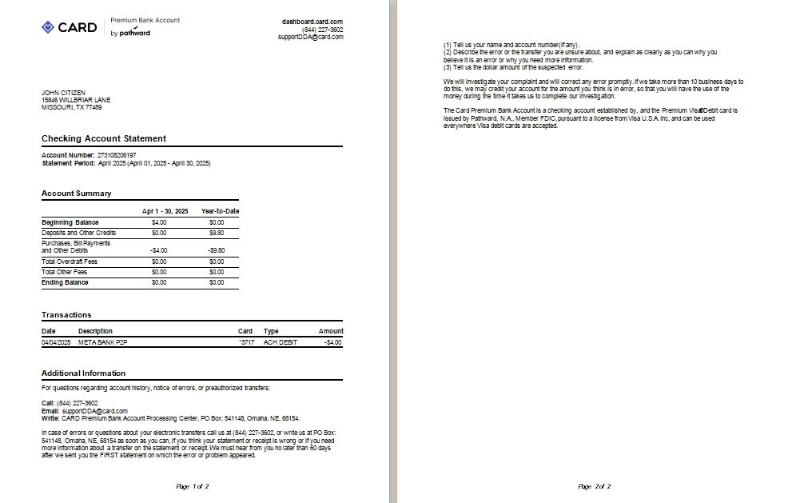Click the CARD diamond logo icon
[x=49, y=27]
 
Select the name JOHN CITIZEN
[x=63, y=93]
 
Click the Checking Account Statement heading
[x=104, y=138]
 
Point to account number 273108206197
[x=117, y=154]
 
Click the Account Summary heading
[x=77, y=194]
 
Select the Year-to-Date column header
[x=220, y=211]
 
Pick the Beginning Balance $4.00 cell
[x=159, y=222]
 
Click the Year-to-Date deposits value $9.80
[x=217, y=233]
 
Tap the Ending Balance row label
[x=66, y=282]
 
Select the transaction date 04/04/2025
[x=56, y=342]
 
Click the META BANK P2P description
[x=103, y=342]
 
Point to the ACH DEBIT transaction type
[x=280, y=342]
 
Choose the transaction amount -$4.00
[x=332, y=342]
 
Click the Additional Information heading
[x=83, y=373]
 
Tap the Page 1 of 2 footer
[x=193, y=486]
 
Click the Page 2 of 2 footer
[x=594, y=486]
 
